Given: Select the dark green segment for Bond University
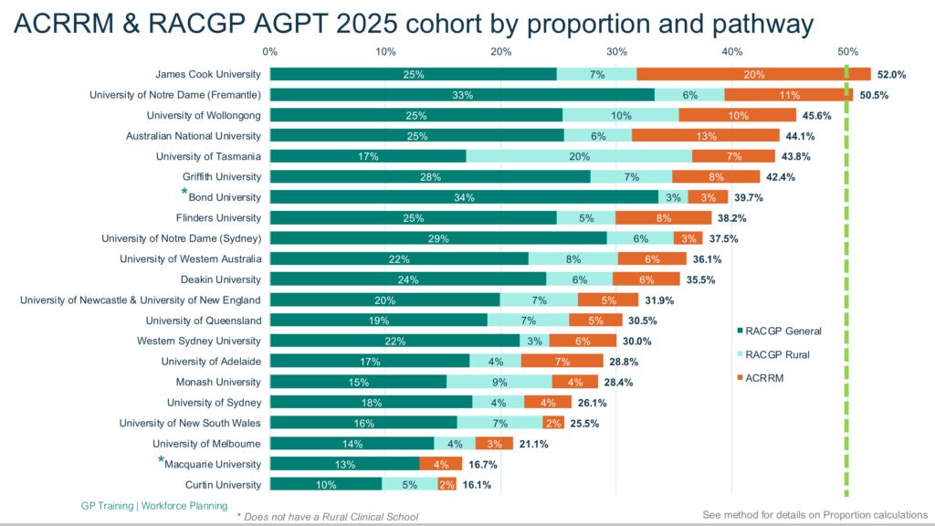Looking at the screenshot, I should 464,197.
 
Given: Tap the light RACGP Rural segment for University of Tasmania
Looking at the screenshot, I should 579,156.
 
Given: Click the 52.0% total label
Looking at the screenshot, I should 891,75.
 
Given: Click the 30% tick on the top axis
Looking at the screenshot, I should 616,51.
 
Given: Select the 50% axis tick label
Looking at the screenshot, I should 847,51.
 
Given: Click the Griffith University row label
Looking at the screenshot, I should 222,176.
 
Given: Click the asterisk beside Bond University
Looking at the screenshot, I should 184,194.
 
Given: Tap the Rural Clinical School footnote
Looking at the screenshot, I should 332,516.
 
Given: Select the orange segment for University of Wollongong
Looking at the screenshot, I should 738,115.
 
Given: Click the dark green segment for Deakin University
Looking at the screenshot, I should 408,279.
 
